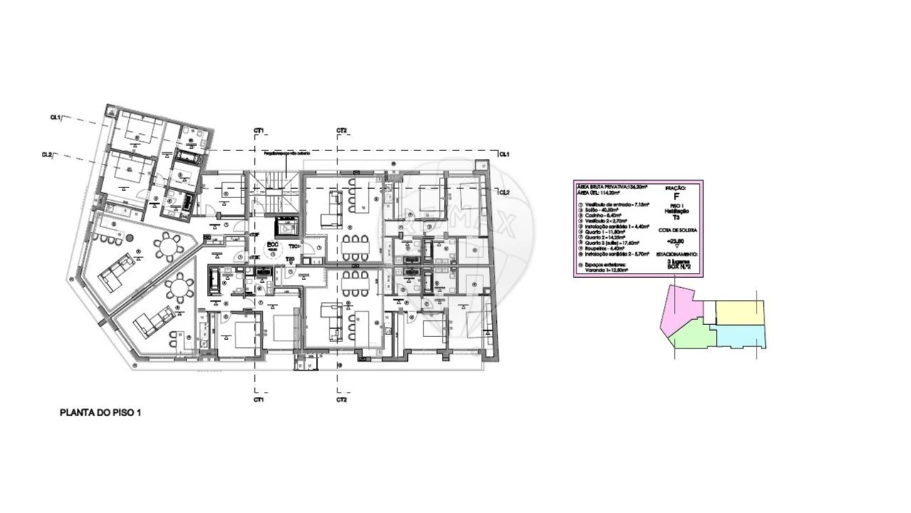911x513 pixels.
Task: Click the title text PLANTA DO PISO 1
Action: click(x=100, y=413)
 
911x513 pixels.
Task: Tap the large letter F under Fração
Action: click(x=675, y=196)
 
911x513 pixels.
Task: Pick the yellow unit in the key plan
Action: click(x=739, y=312)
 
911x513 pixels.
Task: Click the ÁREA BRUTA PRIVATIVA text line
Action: click(x=611, y=187)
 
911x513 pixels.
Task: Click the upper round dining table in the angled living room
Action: click(x=169, y=247)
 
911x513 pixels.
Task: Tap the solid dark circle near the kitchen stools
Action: click(x=130, y=238)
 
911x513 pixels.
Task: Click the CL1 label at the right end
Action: click(x=503, y=154)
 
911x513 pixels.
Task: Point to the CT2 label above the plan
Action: click(x=342, y=131)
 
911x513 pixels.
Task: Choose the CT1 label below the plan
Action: click(x=258, y=400)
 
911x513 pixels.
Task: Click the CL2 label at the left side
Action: click(x=47, y=155)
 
